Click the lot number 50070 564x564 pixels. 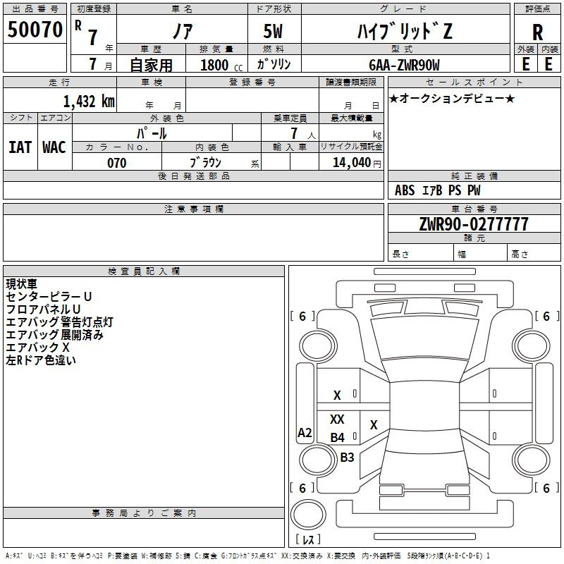point(35,30)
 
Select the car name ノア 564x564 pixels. point(183,31)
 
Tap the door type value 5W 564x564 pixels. point(273,31)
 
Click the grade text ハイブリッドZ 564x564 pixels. point(405,31)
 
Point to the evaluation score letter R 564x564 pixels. point(537,32)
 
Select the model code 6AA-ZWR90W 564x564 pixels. point(404,65)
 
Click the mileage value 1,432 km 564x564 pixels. point(89,102)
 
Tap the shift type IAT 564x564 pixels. point(20,147)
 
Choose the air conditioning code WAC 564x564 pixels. point(54,147)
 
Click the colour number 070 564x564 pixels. point(117,163)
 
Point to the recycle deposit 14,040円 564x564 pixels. point(357,163)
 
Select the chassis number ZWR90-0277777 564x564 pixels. point(474,223)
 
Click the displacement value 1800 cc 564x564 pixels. point(221,65)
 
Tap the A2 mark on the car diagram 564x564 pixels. point(305,432)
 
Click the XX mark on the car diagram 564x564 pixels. point(337,419)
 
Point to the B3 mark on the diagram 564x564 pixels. point(347,457)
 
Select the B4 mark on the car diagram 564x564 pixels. point(338,437)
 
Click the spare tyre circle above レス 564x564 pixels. point(308,514)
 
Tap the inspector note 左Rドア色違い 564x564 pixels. point(41,360)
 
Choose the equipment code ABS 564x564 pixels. point(405,190)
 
